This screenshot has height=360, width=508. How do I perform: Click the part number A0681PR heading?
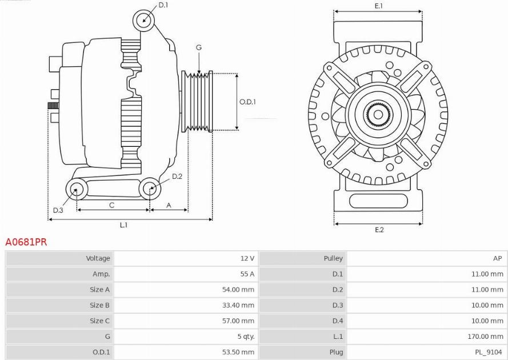tap(26, 242)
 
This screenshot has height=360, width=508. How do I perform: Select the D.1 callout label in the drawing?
tap(163, 5)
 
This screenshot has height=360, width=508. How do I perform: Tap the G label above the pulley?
tap(199, 47)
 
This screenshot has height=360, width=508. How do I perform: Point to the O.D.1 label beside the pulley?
tap(247, 102)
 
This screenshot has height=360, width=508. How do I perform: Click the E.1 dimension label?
tap(379, 6)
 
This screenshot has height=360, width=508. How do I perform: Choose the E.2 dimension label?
tap(379, 230)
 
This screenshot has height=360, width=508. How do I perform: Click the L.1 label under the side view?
tap(124, 225)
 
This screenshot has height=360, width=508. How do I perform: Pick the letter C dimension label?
tap(112, 205)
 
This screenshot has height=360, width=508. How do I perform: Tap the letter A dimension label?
tap(169, 205)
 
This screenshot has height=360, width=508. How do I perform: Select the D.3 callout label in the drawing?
tap(58, 210)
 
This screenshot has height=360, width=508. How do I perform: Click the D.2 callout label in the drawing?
tap(177, 177)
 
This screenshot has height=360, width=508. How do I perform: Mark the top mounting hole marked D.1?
tap(143, 20)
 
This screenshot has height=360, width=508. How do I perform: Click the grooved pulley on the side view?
tap(197, 101)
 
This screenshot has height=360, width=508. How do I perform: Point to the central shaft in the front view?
tap(378, 114)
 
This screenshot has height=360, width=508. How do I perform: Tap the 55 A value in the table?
tap(247, 274)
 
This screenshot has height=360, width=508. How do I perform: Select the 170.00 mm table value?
tap(485, 337)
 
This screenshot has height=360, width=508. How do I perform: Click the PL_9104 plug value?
tap(488, 352)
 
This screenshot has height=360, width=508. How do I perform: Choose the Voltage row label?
tap(98, 258)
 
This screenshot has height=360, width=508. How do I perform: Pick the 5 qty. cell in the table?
tap(246, 337)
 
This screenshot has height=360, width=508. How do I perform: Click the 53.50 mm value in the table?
tap(238, 352)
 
